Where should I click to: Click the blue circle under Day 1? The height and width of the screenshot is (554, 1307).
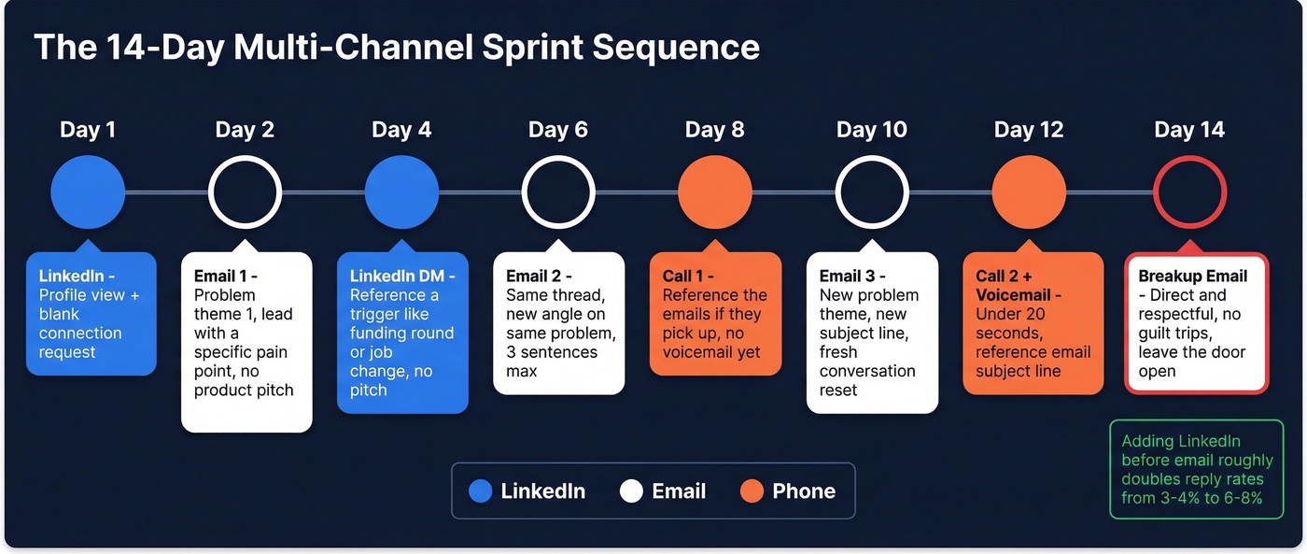[x=88, y=192]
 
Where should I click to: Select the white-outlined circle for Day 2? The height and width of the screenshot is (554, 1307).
[x=245, y=192]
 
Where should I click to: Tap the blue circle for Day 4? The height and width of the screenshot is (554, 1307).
[x=401, y=192]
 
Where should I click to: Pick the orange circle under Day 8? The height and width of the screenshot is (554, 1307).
[x=715, y=192]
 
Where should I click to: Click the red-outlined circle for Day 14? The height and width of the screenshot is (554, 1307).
[x=1189, y=192]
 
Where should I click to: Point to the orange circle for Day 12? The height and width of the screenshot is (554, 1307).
[x=1029, y=192]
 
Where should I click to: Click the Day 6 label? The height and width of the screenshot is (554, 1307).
[x=558, y=130]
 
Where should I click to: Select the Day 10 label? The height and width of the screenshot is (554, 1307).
[x=872, y=130]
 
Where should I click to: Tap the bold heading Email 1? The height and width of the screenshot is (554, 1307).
[x=225, y=277]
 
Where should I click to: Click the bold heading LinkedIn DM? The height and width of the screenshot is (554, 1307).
[x=402, y=277]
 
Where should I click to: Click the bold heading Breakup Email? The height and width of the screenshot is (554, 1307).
[x=1192, y=277]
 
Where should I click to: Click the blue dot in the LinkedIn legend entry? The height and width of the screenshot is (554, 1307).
[x=480, y=491]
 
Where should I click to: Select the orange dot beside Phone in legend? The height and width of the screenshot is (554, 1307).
[x=752, y=491]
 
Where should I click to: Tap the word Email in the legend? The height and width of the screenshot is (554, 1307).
[x=679, y=491]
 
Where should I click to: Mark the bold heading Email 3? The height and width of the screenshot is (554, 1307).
[x=851, y=277]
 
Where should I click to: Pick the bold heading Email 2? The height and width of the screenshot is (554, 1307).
[x=538, y=277]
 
